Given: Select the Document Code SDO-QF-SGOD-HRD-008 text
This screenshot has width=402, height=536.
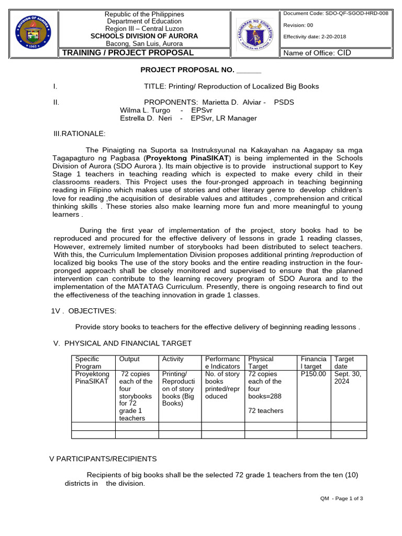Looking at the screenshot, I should pyautogui.click(x=336, y=13).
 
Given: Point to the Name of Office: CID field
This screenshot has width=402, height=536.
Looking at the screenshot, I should pyautogui.click(x=317, y=53).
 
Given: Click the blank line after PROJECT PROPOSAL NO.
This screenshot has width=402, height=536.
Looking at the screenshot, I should pyautogui.click(x=249, y=71).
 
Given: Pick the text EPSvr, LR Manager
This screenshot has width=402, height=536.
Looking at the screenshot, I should pyautogui.click(x=224, y=118).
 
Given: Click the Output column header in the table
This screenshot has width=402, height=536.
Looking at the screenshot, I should pyautogui.click(x=129, y=359).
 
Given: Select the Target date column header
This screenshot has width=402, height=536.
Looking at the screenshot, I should pyautogui.click(x=344, y=363).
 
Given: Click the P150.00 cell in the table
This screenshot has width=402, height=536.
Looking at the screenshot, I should pyautogui.click(x=313, y=374).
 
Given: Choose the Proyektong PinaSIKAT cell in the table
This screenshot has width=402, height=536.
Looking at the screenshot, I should pyautogui.click(x=92, y=377).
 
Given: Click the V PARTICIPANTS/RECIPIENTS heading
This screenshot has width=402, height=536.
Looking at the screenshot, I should pyautogui.click(x=103, y=459).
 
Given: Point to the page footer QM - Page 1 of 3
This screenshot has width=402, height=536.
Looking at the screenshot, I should pyautogui.click(x=341, y=498).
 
